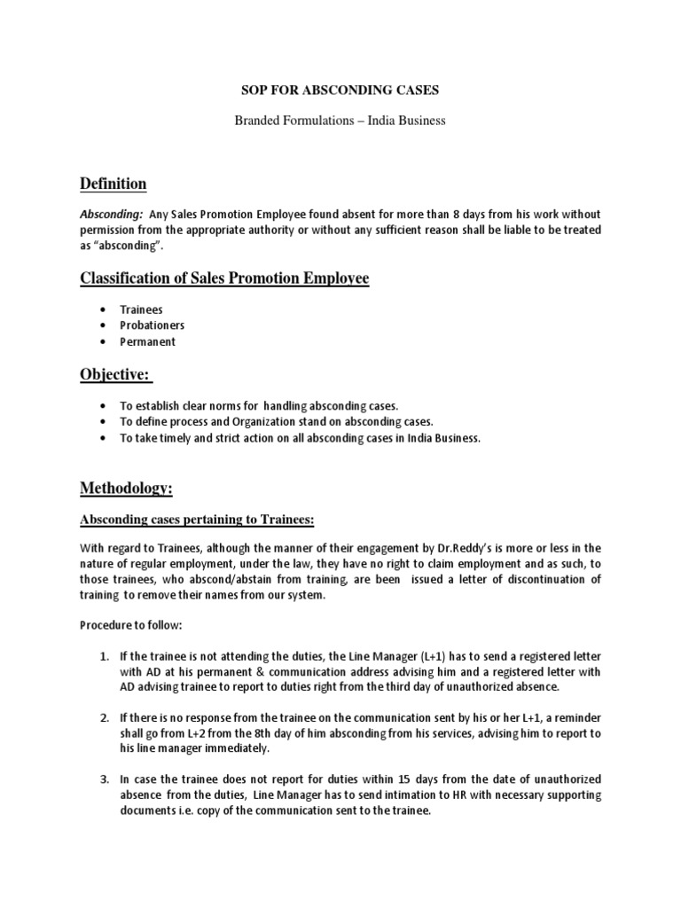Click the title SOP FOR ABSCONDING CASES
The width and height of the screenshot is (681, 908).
pos(340,90)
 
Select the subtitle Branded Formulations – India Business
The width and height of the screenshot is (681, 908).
pos(340,121)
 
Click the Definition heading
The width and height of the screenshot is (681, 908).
pos(113,184)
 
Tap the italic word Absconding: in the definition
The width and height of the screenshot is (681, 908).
pos(112,214)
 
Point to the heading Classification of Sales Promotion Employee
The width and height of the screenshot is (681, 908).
pos(224,279)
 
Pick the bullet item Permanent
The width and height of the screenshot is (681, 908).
pos(149,341)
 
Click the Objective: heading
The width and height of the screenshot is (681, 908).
pos(117,375)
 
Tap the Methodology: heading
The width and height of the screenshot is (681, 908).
pos(127,489)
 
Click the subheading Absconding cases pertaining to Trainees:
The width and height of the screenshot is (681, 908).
pos(198,519)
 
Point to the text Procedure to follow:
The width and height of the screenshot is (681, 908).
pos(131,625)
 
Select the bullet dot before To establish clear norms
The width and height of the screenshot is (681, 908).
pos(105,406)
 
